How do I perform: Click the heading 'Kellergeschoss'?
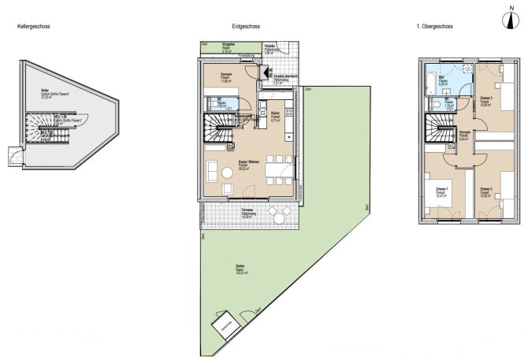(35, 27)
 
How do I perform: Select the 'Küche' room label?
(276, 113)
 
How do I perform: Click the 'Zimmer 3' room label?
(487, 98)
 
